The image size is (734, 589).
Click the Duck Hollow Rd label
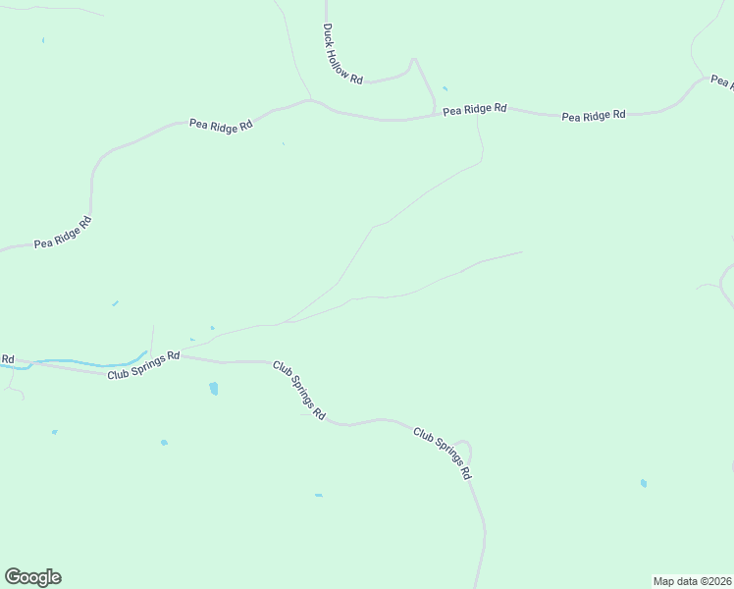coord(343,53)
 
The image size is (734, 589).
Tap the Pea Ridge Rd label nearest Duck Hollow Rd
coord(474,109)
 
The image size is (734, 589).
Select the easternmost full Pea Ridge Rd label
coord(593,116)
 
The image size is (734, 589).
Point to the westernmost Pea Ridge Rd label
coord(62,233)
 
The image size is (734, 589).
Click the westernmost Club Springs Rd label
coord(143,366)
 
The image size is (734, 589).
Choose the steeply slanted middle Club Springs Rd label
coord(298,390)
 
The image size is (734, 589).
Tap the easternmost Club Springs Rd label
coord(443,452)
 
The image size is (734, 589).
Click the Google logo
coord(32,577)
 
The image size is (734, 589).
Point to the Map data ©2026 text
coord(692,581)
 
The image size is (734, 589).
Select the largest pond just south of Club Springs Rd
coord(214,389)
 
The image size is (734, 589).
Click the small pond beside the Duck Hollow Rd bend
coord(445,88)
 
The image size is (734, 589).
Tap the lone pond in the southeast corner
coord(643,483)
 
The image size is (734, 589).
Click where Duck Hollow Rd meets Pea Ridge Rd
coord(436,116)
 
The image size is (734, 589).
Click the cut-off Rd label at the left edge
coord(7,359)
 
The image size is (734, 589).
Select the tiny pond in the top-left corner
coord(43,40)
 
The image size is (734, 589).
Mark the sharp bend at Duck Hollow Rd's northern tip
coord(413,61)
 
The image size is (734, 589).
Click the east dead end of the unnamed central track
coord(521,252)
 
